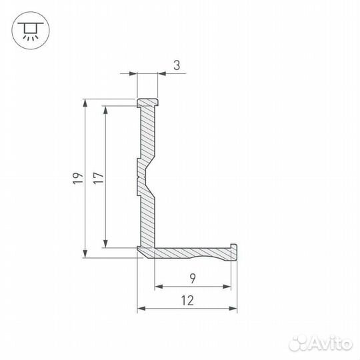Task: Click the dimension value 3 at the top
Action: pos(177,65)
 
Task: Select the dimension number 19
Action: pos(77,177)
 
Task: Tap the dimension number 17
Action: pos(97,177)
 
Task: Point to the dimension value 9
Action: pos(193,277)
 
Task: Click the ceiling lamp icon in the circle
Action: pos(29,29)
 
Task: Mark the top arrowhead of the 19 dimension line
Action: pos(85,103)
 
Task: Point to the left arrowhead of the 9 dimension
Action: pos(158,287)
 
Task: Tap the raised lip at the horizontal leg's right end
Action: pos(233,248)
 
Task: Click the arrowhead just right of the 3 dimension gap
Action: pos(162,75)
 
